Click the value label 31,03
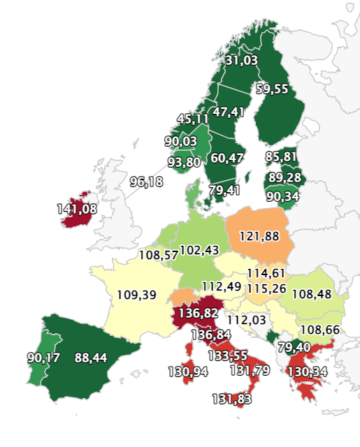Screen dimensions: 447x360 [241, 61]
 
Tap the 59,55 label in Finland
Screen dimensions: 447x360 [273, 89]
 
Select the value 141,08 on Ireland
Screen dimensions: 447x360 [77, 208]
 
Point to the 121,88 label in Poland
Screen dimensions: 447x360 [259, 236]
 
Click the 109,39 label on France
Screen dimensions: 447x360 [136, 295]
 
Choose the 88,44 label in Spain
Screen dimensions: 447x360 [91, 358]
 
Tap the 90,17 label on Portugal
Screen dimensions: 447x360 [43, 358]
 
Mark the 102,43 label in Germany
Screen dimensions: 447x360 [199, 250]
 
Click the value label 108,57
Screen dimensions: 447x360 [158, 255]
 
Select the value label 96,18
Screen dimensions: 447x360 [147, 182]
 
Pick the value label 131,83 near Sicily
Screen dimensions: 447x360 [232, 399]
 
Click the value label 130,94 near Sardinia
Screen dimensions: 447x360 [188, 372]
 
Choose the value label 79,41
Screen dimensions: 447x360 [224, 190]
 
